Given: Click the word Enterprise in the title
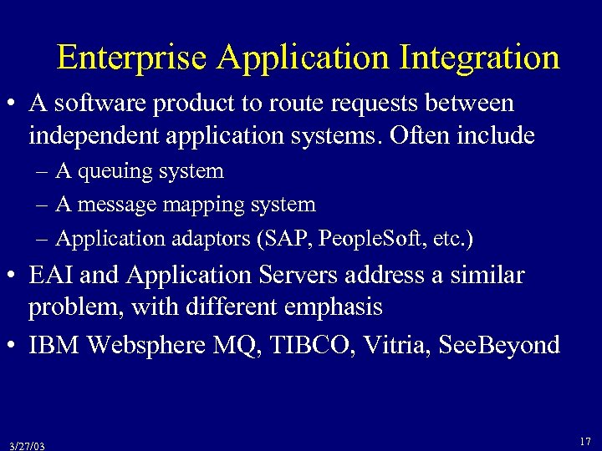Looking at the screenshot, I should (x=132, y=58).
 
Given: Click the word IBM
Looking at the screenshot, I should (x=56, y=346).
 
